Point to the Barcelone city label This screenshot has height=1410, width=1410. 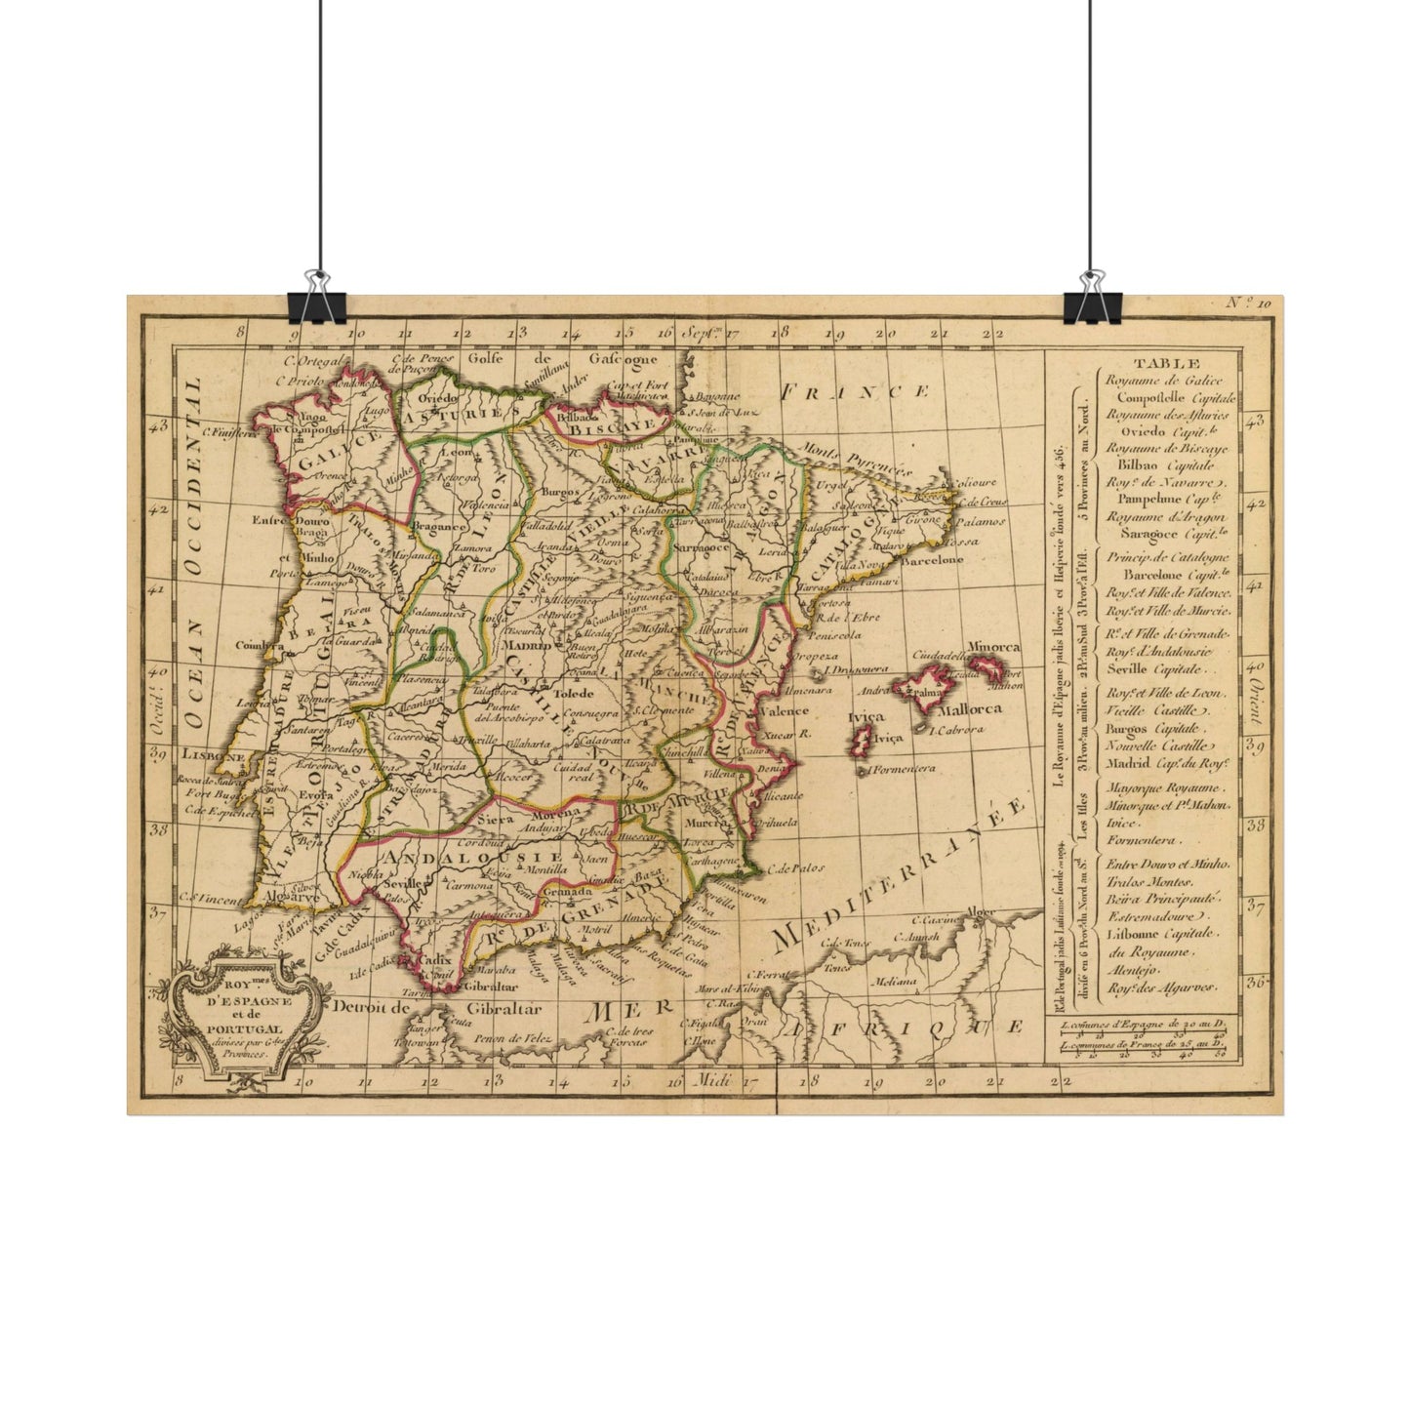pos(932,560)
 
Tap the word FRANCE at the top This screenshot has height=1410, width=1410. pos(856,392)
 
